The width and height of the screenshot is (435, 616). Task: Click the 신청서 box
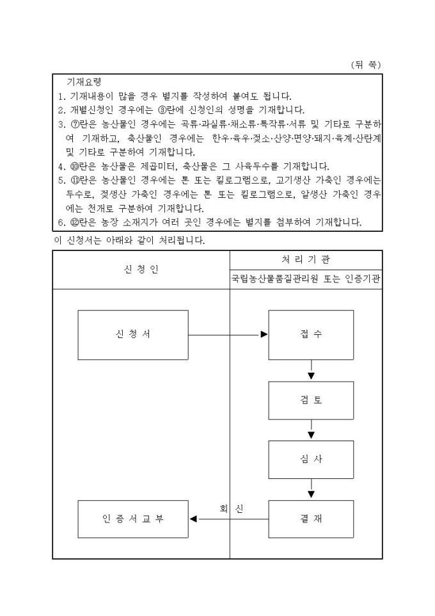[x=133, y=335]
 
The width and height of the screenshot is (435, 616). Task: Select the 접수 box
[x=311, y=335]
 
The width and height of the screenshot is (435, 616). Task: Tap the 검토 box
[x=311, y=400]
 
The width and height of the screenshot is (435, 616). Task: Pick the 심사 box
[x=311, y=459]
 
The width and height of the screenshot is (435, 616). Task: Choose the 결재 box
[x=311, y=519]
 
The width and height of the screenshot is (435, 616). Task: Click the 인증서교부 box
[x=133, y=519]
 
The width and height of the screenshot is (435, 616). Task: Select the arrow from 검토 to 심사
[x=311, y=430]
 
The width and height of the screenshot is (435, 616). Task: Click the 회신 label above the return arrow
[x=231, y=508]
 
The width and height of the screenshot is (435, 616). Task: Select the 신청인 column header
[x=141, y=269]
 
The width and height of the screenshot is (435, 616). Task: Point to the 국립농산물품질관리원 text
[x=277, y=280]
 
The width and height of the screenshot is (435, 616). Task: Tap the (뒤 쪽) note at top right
[x=366, y=65]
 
